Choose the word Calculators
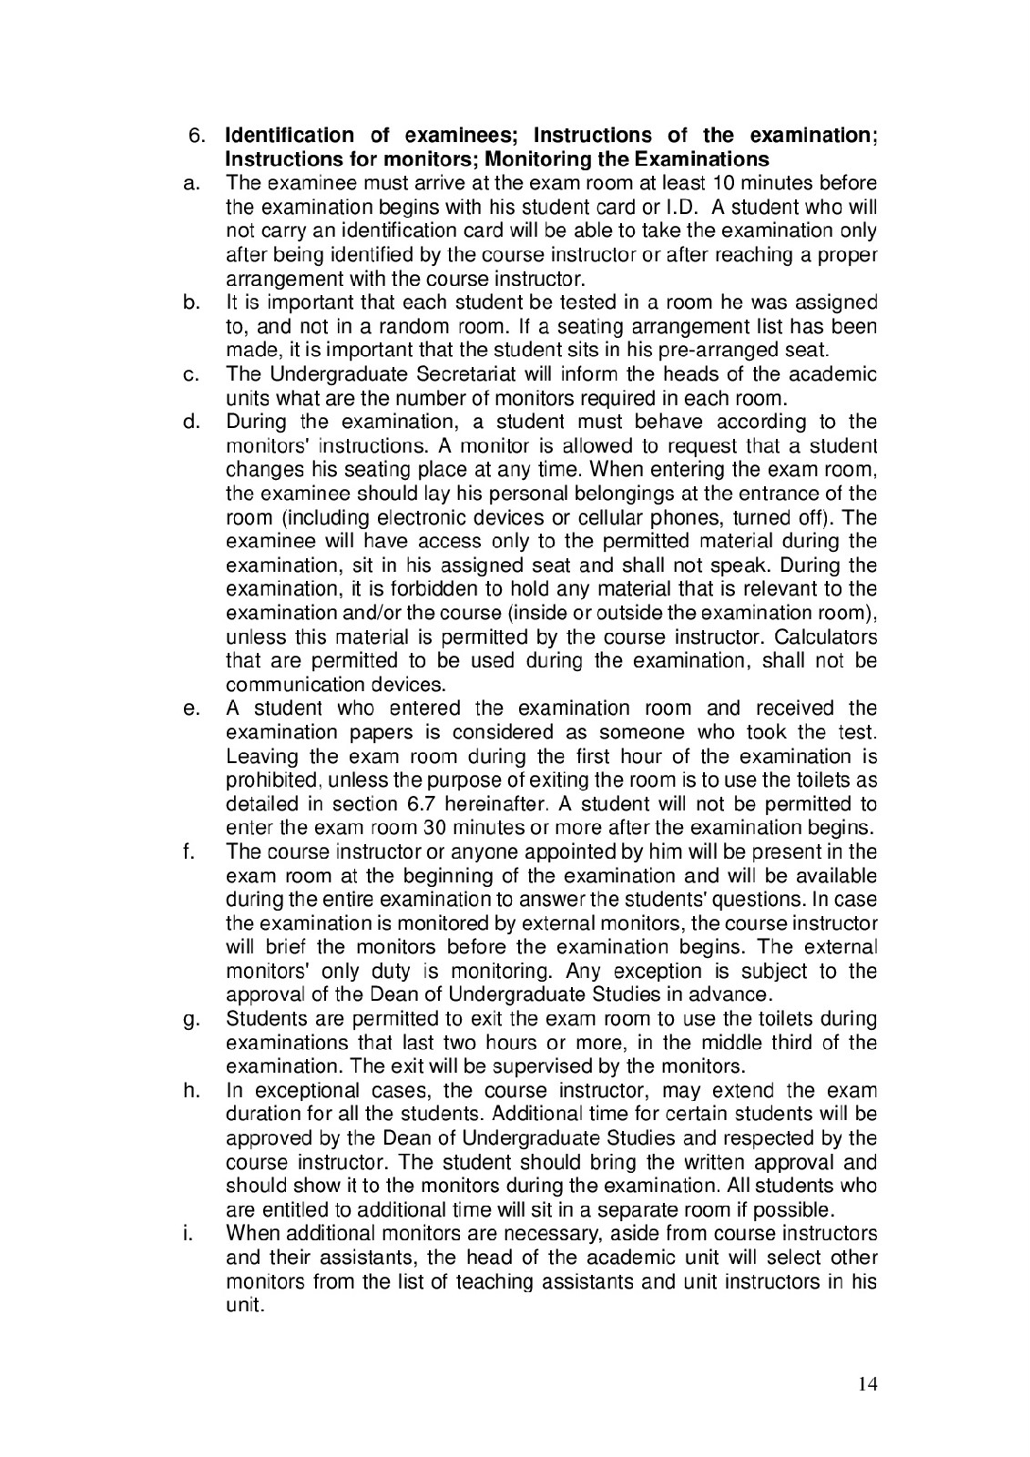click(823, 637)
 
